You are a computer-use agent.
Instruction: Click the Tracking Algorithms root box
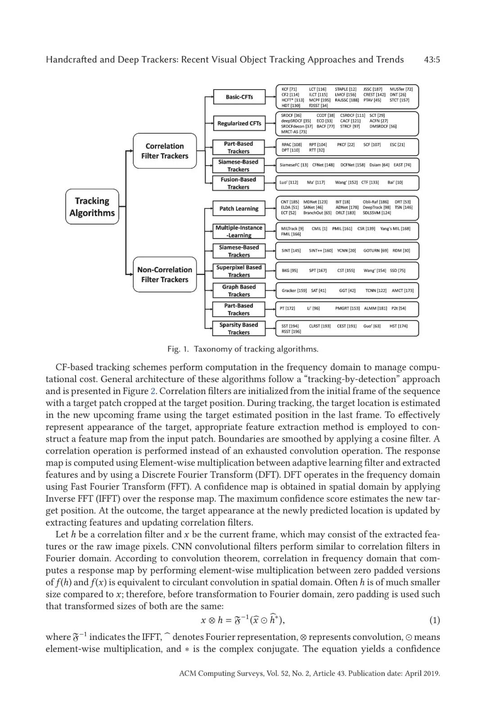tap(92, 207)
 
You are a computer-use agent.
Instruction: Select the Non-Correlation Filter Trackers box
tap(165, 274)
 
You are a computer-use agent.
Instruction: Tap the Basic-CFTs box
tap(239, 97)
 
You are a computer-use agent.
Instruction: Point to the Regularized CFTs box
tap(239, 123)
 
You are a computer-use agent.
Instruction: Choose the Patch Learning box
tap(239, 208)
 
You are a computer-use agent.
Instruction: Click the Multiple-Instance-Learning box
tap(239, 231)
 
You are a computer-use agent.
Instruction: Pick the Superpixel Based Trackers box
tap(239, 271)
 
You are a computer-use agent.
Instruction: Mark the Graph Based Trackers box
tap(239, 290)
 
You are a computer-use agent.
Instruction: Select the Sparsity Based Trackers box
tap(239, 328)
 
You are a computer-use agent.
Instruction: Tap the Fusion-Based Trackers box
tap(238, 183)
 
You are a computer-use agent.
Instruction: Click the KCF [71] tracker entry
tap(289, 90)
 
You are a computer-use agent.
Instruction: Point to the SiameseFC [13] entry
tap(294, 165)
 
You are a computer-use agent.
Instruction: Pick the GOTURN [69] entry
tap(375, 251)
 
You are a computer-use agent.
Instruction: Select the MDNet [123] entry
tap(315, 202)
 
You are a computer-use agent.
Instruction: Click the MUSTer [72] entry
tap(401, 90)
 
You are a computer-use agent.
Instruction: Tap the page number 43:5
tap(432, 60)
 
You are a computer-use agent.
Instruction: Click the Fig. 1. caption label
tap(178, 349)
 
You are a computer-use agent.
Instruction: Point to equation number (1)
tap(434, 621)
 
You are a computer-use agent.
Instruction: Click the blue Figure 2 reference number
tap(153, 391)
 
